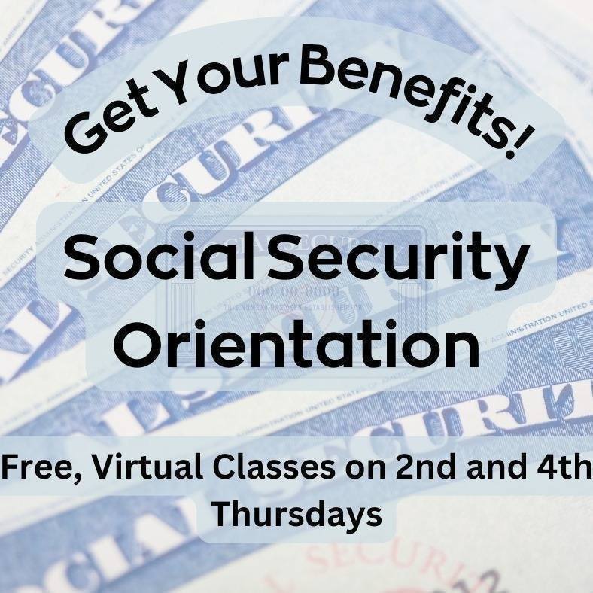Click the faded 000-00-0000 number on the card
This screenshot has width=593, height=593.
294,290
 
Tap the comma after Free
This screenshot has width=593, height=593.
59,477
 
